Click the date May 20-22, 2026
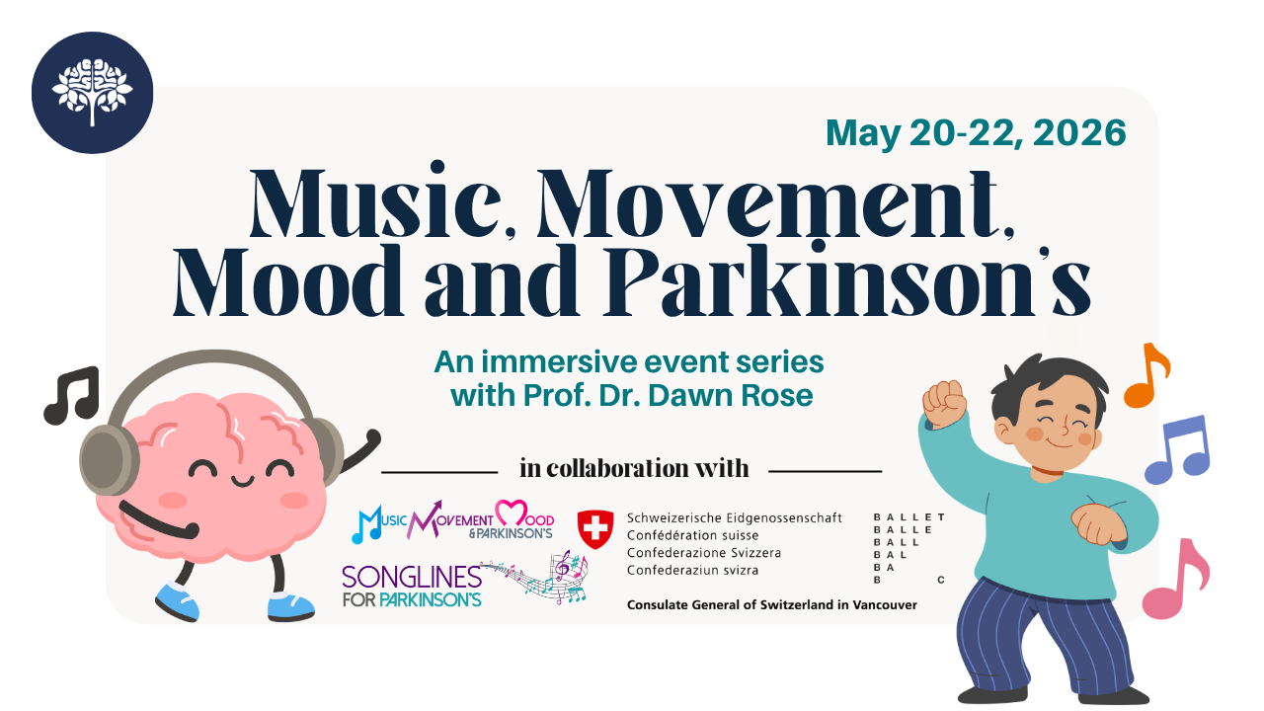tap(976, 132)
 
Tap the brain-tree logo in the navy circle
tap(92, 92)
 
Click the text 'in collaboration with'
tap(634, 468)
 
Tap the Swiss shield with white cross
tap(594, 530)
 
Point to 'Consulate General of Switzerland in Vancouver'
tap(772, 604)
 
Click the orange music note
tap(1146, 375)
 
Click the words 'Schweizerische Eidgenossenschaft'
tap(734, 518)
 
